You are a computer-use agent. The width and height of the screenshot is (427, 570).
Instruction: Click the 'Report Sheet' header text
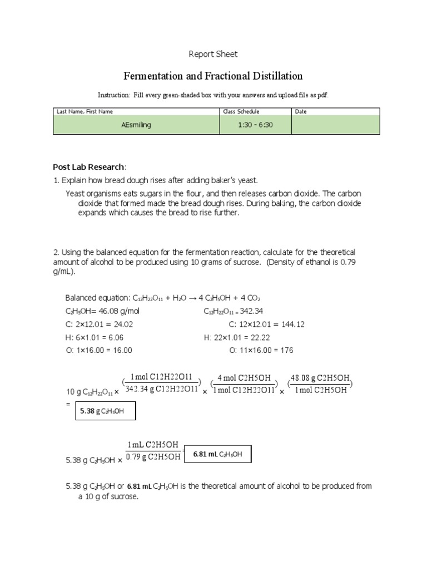(213, 54)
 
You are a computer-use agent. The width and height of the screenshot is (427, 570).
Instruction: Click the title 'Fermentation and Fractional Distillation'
(213, 76)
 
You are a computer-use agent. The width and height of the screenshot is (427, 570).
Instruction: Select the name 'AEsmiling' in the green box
(136, 125)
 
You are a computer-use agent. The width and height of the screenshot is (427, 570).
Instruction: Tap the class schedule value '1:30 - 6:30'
(255, 125)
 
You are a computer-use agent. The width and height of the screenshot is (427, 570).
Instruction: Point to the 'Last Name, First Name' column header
(85, 111)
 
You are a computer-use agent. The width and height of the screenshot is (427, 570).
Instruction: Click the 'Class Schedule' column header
(241, 111)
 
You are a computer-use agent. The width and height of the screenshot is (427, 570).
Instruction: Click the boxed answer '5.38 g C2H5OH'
(106, 412)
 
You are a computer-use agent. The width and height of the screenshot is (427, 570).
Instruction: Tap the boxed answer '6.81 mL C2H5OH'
(217, 454)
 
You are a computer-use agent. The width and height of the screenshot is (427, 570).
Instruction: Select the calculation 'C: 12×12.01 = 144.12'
(266, 325)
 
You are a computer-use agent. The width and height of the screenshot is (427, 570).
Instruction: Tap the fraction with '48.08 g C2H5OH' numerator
(320, 384)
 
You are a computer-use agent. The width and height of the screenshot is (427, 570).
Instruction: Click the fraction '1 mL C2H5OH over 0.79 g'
(153, 451)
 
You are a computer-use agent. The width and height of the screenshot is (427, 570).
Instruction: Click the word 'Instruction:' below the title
(114, 95)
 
